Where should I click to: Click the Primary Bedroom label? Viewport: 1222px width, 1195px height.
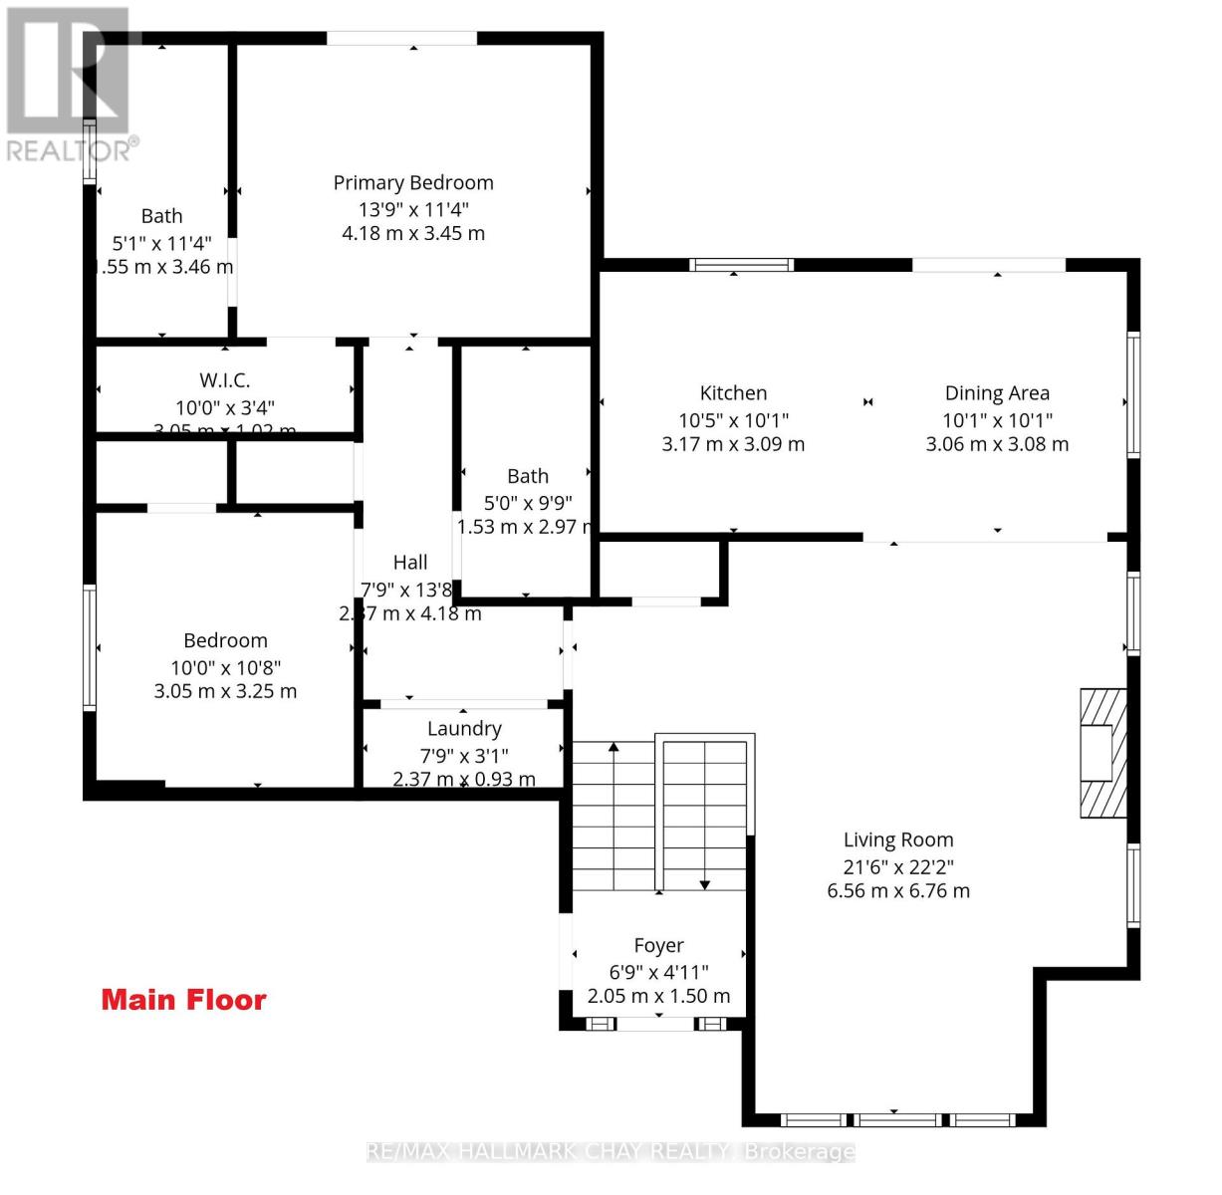tap(412, 182)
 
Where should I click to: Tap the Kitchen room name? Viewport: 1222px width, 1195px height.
tap(733, 393)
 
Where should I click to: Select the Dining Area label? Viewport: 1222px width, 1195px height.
tap(997, 393)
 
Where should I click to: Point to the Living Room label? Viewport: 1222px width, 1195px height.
tap(897, 839)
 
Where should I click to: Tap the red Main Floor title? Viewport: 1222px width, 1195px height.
tap(183, 1000)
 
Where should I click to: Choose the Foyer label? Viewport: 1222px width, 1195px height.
tap(658, 945)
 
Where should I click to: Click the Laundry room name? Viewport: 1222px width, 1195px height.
tap(464, 729)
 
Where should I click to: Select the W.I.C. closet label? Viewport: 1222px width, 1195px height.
tap(224, 380)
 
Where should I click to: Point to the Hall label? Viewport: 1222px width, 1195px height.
tap(409, 563)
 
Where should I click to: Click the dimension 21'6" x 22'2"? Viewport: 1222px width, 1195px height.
tap(897, 866)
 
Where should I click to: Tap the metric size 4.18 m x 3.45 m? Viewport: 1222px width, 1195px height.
tap(412, 234)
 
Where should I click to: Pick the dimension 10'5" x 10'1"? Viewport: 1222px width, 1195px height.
tap(733, 420)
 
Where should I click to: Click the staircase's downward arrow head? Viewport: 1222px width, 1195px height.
tap(704, 884)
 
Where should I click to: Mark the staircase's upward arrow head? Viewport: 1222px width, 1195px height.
tap(613, 746)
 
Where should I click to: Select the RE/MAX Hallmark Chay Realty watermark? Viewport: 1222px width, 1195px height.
tap(611, 1152)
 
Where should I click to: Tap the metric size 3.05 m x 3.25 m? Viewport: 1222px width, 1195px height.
tap(225, 691)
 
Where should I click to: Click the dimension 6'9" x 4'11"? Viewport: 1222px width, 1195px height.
tap(658, 972)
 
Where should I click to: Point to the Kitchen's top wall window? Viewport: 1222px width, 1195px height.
tap(742, 265)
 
